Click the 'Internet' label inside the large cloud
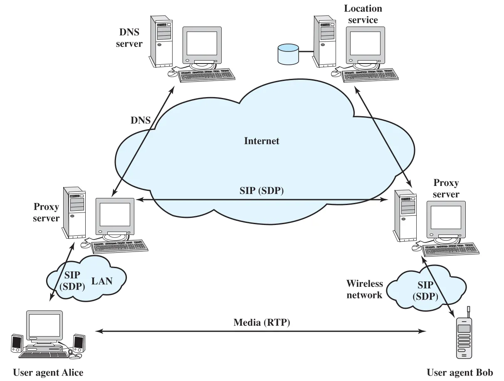[x=262, y=141]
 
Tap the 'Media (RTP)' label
[x=262, y=322]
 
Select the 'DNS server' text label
[x=129, y=38]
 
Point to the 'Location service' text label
[x=363, y=14]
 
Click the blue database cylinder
[x=288, y=54]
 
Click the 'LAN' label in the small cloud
[x=102, y=281]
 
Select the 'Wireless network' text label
[x=365, y=289]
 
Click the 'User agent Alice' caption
[x=48, y=373]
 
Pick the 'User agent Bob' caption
[x=460, y=373]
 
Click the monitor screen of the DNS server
[x=202, y=43]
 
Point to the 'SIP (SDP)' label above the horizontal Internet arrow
[x=262, y=190]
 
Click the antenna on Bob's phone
[x=468, y=312]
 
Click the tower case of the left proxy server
[x=74, y=212]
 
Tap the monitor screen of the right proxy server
[x=446, y=217]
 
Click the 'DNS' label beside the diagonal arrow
[x=141, y=120]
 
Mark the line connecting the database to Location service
[x=306, y=51]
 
